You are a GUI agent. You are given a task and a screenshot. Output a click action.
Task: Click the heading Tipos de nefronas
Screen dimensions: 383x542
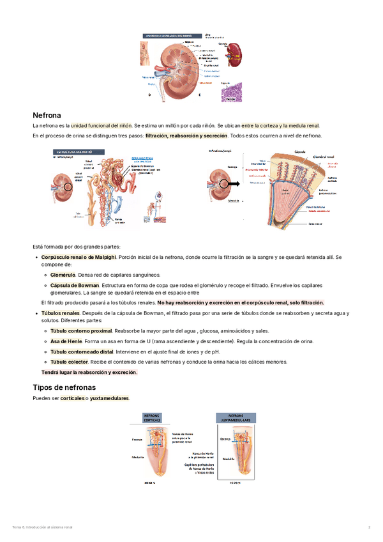click(x=64, y=387)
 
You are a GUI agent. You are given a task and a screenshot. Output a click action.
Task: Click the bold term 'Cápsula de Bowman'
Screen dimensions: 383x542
click(x=75, y=284)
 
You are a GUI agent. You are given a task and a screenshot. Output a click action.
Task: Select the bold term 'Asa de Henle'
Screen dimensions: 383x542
click(x=66, y=341)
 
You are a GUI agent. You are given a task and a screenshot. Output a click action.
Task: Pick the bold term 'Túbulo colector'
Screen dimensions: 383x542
click(x=69, y=362)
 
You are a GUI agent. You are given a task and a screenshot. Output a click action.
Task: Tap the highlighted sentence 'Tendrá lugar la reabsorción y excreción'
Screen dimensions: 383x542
click(x=89, y=372)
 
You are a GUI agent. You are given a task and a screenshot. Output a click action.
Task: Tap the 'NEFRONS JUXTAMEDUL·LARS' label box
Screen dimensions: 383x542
click(x=236, y=418)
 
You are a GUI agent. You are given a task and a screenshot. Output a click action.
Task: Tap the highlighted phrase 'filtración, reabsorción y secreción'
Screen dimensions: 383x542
click(x=186, y=136)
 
